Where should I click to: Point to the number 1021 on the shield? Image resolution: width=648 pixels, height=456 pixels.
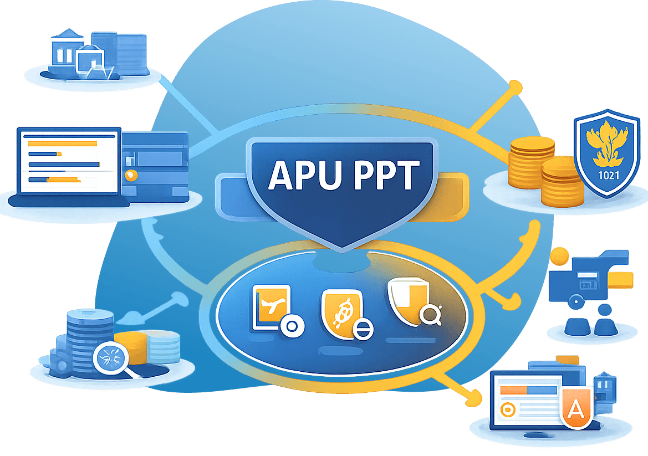[x=607, y=177]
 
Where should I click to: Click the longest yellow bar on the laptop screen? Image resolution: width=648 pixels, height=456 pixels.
[x=62, y=144]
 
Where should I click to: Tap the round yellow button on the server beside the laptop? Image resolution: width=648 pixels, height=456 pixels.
[x=131, y=176]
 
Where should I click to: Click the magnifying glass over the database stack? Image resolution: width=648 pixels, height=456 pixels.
[x=110, y=358]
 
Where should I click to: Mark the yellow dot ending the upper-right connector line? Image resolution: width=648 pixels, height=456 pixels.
[x=515, y=86]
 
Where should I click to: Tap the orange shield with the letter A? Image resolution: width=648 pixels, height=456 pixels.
[x=576, y=409]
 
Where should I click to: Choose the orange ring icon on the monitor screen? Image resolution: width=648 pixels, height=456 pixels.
[x=507, y=409]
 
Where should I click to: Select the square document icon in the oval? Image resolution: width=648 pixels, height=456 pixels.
[x=271, y=307]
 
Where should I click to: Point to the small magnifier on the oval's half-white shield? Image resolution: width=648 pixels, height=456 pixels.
[x=430, y=314]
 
